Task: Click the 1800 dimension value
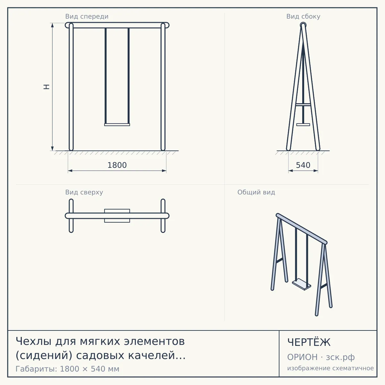pos(117,165)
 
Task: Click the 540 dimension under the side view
pos(303,165)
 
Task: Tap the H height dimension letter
pos(47,87)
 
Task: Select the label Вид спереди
pos(87,17)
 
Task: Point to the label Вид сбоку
pos(303,17)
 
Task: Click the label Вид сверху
pos(84,192)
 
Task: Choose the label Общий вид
pos(256,192)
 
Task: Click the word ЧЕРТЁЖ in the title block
pos(309,342)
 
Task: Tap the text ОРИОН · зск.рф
pos(321,357)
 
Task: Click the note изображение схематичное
pos(330,368)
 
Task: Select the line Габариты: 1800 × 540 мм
pos(67,369)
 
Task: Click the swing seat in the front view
pos(117,125)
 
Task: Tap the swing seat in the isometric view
pos(302,284)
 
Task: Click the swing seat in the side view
pos(303,125)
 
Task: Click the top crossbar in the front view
pos(117,25)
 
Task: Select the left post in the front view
pos(71,87)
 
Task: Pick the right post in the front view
pos(163,87)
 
